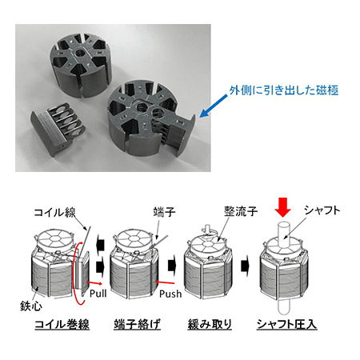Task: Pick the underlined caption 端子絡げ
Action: pyautogui.click(x=137, y=323)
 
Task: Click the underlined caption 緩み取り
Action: pyautogui.click(x=210, y=323)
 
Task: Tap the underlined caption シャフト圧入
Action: pyautogui.click(x=287, y=323)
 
